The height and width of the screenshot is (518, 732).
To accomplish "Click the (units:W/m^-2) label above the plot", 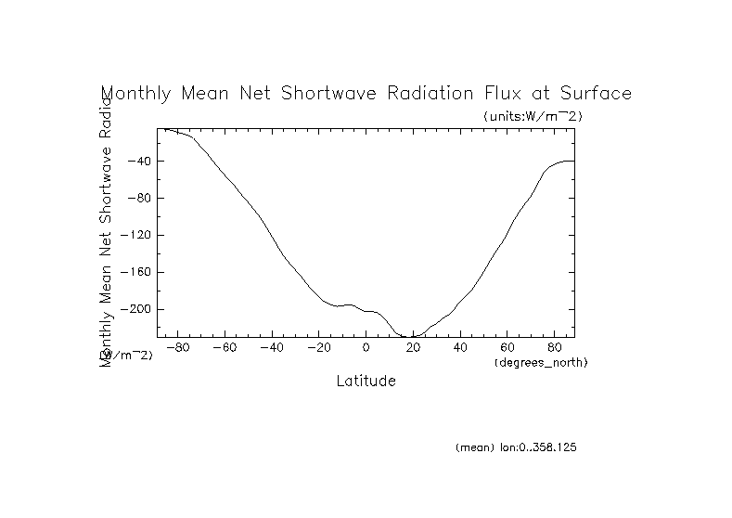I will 533,116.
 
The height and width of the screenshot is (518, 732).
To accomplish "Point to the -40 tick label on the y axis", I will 139,162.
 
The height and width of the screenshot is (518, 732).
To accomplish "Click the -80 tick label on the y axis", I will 139,199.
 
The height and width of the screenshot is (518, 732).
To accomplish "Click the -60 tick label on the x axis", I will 225,348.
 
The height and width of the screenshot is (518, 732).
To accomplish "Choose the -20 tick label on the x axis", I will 319,348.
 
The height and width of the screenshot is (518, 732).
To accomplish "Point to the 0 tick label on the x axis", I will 366,348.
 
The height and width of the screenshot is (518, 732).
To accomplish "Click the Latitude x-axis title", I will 366,381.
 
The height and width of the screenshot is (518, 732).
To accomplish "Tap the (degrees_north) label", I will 542,361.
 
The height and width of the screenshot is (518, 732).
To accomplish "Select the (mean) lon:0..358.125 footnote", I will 517,447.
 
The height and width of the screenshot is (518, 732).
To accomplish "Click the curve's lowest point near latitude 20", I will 411,336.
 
